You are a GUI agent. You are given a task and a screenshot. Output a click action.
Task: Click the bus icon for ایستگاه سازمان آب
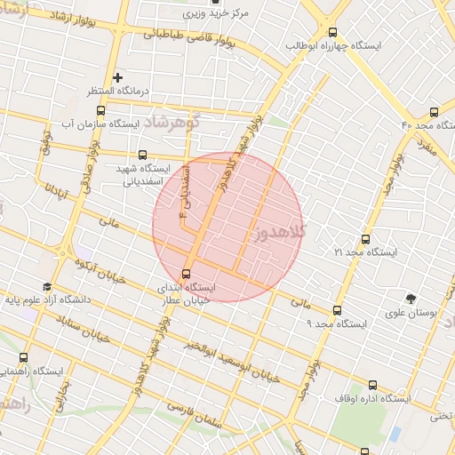click(100, 111)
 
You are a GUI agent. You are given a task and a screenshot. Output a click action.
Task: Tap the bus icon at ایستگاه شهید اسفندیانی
click(143, 154)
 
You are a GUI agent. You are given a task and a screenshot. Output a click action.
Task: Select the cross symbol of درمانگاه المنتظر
click(117, 77)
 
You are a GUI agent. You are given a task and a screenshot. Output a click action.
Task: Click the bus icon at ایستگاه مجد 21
click(365, 239)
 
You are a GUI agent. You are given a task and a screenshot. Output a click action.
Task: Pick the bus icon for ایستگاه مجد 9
click(336, 310)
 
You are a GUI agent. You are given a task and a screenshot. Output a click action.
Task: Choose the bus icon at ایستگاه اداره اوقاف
click(372, 385)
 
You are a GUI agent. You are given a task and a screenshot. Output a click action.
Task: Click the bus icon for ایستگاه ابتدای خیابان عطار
click(186, 273)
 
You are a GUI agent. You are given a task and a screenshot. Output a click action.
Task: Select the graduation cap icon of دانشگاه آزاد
click(46, 287)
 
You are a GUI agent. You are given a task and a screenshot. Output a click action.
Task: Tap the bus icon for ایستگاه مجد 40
click(433, 112)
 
